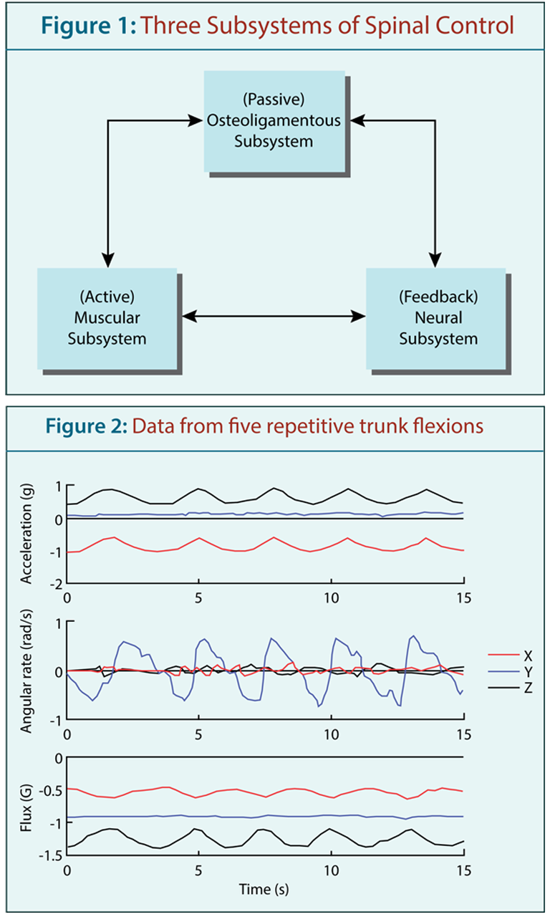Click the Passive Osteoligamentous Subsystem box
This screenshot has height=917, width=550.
274,121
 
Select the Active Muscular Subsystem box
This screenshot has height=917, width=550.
107,319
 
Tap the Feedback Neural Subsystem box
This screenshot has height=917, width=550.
436,319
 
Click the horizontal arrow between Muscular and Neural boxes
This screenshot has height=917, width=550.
274,316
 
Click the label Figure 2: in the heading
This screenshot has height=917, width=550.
87,426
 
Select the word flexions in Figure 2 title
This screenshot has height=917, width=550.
448,426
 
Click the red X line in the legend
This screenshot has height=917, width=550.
503,655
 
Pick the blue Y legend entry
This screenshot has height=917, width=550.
511,672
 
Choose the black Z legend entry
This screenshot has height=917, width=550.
511,688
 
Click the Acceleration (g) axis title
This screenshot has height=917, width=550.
26,534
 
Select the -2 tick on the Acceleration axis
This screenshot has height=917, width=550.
56,585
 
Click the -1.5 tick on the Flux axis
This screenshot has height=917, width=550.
51,855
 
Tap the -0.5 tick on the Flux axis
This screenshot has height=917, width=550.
51,790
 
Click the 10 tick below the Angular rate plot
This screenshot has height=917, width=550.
331,734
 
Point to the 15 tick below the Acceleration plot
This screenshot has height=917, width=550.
464,598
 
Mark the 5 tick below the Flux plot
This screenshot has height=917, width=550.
198,870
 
